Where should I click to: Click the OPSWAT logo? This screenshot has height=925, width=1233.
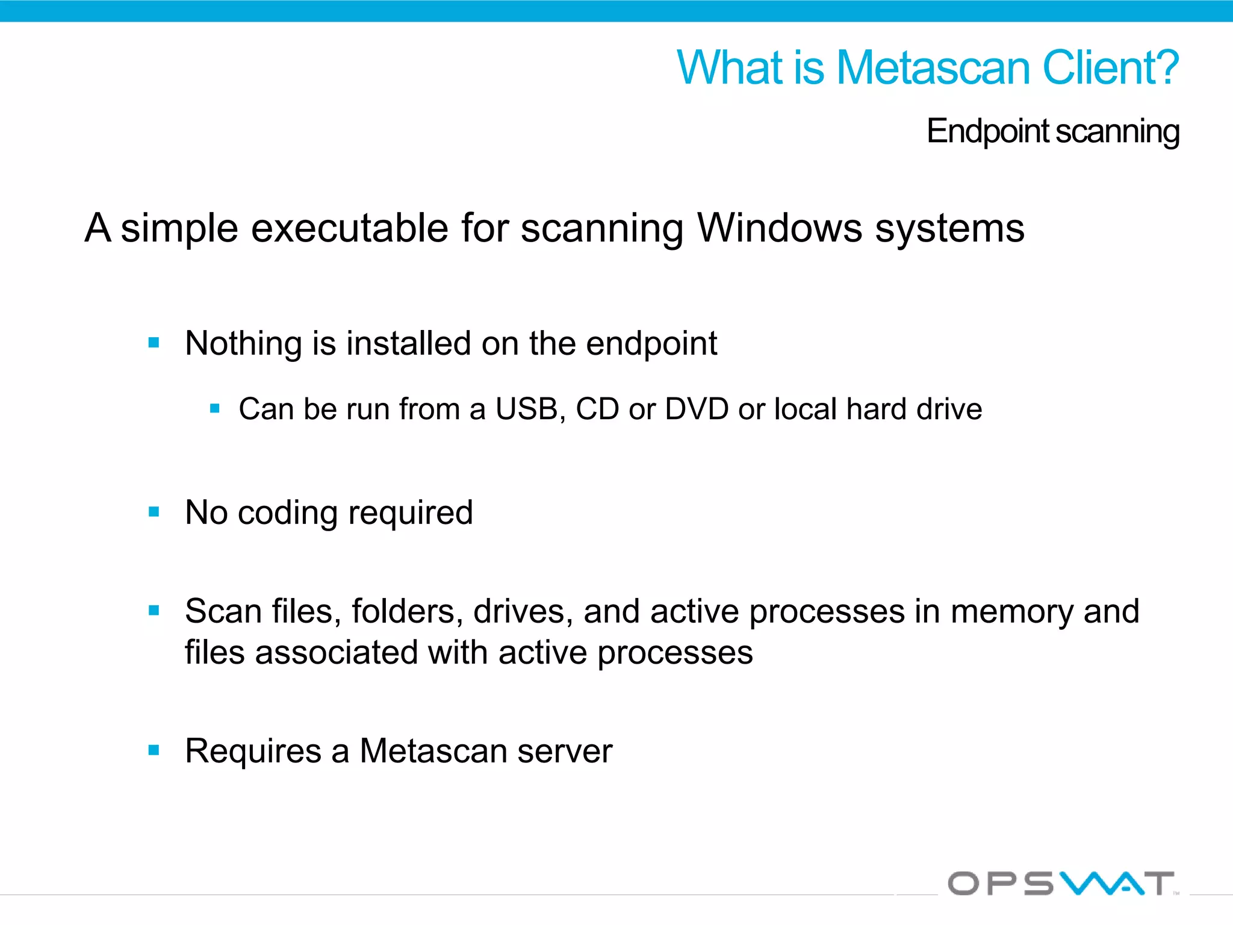click(1061, 883)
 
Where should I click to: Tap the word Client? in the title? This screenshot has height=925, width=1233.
click(1110, 67)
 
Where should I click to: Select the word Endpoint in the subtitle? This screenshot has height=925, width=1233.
click(987, 131)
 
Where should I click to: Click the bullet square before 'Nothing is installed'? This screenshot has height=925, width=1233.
click(154, 343)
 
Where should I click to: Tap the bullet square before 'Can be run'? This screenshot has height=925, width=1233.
click(215, 409)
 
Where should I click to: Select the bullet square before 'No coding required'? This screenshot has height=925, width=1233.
click(154, 512)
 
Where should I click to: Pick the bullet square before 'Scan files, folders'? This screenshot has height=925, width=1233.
click(154, 611)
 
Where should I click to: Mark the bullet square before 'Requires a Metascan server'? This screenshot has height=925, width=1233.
click(154, 750)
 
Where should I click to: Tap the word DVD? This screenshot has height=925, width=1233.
click(697, 409)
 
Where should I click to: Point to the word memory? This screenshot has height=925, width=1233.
click(1011, 611)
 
